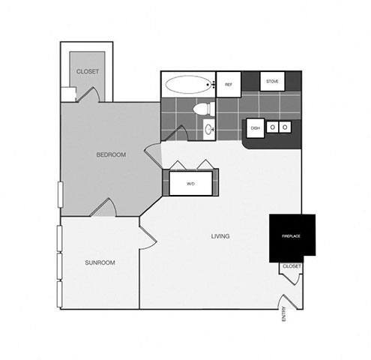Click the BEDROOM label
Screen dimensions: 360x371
pos(111,155)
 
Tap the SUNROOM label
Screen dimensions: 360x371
pos(99,263)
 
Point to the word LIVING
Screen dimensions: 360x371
pos(220,236)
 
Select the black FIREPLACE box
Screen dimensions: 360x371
pos(292,238)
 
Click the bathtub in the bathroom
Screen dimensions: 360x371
pos(188,85)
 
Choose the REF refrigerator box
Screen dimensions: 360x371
pos(228,85)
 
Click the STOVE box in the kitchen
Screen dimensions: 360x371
pos(271,81)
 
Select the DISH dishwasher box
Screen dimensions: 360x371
pos(255,127)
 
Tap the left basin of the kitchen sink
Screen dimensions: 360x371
pos(273,127)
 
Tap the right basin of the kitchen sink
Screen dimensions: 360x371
pos(286,127)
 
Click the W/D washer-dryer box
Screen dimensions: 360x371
pos(190,183)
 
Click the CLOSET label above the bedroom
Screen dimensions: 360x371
pos(88,71)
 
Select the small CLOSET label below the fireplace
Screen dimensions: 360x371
pos(292,266)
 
